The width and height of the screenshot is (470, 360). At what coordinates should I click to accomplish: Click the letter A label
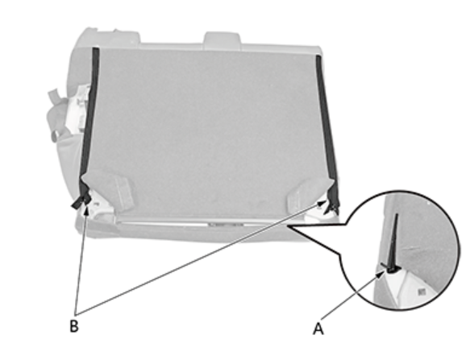(318, 329)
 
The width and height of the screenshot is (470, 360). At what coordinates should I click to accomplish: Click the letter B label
(74, 326)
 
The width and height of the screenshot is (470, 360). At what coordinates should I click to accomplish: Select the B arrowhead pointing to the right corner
(322, 203)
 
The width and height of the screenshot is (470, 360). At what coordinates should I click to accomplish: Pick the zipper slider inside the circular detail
(389, 267)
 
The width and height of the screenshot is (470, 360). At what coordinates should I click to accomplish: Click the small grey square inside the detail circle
(422, 292)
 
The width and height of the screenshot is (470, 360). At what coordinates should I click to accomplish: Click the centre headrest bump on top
(222, 39)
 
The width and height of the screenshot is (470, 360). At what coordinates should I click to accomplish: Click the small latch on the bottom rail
(226, 225)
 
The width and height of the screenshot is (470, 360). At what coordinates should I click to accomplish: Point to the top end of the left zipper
(96, 48)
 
